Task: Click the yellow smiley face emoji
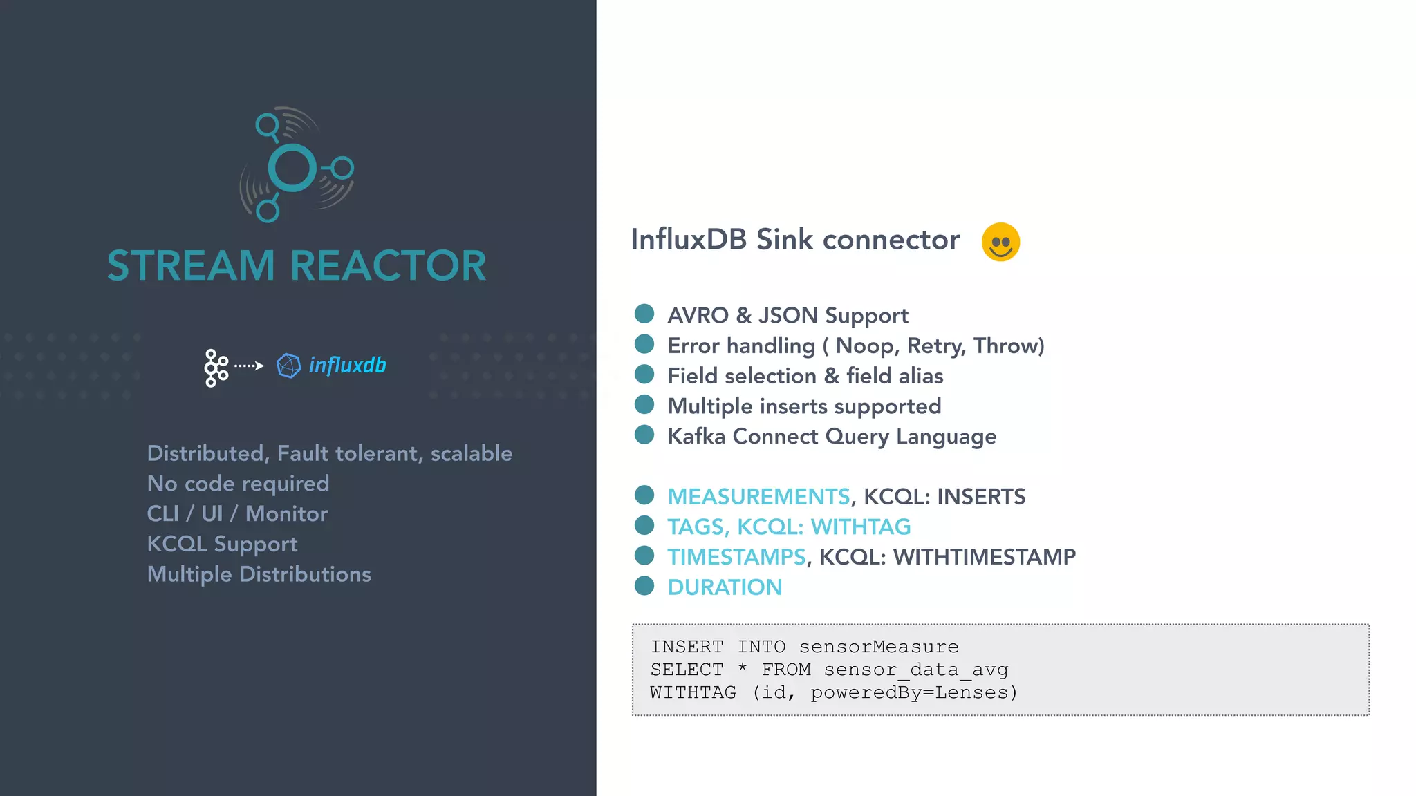pos(1000,242)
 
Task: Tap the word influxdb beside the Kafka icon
pos(347,365)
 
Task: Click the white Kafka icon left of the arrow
pos(216,368)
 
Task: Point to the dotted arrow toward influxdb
pos(249,366)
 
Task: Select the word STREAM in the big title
pos(191,266)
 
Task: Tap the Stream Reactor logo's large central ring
pos(292,168)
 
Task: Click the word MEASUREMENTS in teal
pos(758,497)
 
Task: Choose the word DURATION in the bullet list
pos(725,587)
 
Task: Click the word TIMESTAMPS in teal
pos(736,557)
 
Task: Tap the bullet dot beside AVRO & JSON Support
pos(644,314)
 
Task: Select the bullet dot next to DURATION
pos(644,586)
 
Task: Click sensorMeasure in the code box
pos(879,647)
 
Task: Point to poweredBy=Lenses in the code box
pos(913,692)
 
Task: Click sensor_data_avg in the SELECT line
pos(916,670)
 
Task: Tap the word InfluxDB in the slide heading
pos(689,240)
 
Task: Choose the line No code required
pos(238,484)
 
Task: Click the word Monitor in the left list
pos(286,514)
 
